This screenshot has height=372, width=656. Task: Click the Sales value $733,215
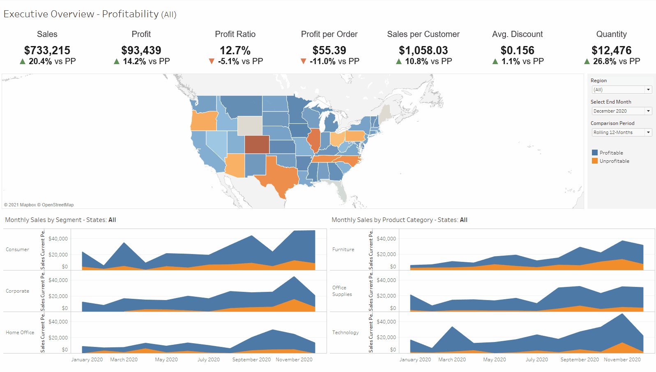click(47, 51)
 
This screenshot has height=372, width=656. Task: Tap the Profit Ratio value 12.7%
click(235, 51)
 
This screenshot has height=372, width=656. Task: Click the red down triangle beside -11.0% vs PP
click(304, 61)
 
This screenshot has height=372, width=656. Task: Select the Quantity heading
click(612, 34)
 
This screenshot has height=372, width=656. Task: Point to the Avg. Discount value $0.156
click(518, 51)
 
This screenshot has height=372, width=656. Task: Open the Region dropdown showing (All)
click(622, 90)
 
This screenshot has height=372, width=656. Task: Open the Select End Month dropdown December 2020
click(622, 111)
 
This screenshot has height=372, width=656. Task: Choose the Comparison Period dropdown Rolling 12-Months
click(622, 132)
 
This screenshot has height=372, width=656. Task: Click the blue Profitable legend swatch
click(595, 152)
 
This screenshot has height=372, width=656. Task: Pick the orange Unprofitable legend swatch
click(595, 161)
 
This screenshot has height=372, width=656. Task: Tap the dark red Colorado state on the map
click(257, 144)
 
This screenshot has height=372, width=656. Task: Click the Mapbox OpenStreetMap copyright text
click(39, 205)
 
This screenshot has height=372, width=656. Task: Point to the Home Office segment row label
click(20, 333)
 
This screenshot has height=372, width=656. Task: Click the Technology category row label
click(345, 333)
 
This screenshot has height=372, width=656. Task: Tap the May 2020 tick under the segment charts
click(166, 359)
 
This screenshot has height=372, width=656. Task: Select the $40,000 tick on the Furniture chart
click(386, 239)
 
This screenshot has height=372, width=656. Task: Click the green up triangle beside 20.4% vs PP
click(23, 61)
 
